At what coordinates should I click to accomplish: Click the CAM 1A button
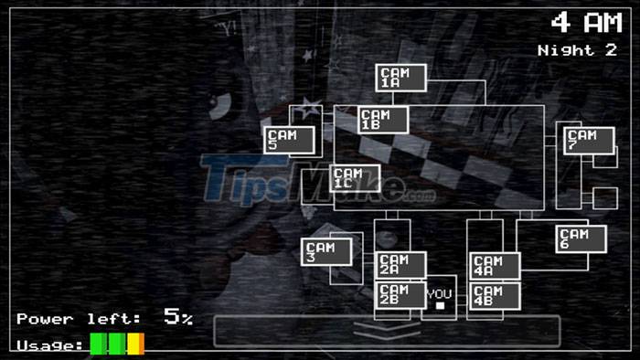[x=400, y=78]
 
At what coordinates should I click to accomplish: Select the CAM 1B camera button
[x=382, y=120]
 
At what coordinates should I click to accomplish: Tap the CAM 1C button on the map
[x=355, y=178]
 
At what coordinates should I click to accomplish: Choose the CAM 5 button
[x=289, y=140]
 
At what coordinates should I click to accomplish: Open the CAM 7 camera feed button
[x=588, y=141]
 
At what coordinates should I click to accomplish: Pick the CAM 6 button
[x=581, y=238]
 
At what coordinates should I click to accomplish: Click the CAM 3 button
[x=325, y=252]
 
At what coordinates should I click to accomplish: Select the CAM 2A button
[x=400, y=265]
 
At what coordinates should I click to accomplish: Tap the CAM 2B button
[x=400, y=295]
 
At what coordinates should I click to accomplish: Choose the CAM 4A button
[x=495, y=266]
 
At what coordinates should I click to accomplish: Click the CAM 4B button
[x=495, y=295]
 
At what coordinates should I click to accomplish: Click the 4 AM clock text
[x=585, y=23]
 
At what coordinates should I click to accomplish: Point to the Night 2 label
[x=577, y=49]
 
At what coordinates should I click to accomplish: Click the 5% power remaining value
[x=178, y=318]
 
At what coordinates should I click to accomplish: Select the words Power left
[x=79, y=319]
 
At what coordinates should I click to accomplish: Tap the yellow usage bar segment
[x=135, y=344]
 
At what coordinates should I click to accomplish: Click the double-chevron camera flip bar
[x=386, y=330]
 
